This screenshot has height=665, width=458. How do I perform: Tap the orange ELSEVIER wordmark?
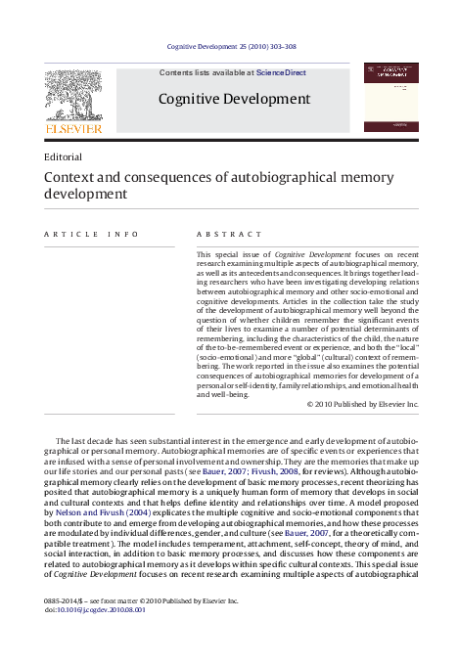[72, 127]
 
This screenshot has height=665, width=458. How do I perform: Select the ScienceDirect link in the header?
[281, 72]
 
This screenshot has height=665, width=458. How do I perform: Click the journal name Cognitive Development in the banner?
[234, 99]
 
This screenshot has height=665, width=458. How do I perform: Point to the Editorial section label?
[63, 155]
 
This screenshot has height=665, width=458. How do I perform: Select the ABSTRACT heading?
[229, 235]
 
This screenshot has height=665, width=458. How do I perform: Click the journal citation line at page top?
[233, 46]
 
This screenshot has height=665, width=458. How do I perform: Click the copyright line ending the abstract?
[362, 404]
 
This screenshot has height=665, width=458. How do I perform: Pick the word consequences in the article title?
[157, 177]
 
